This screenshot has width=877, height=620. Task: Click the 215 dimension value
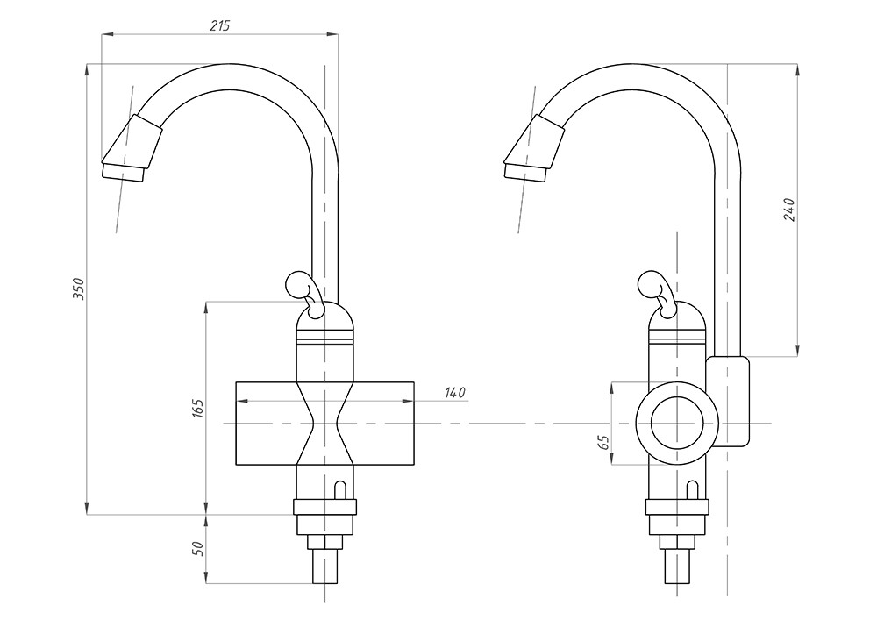pyautogui.click(x=220, y=25)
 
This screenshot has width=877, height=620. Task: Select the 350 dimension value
pyautogui.click(x=78, y=289)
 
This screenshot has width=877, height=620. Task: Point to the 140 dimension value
pyautogui.click(x=453, y=393)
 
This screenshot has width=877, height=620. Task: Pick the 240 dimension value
pyautogui.click(x=788, y=210)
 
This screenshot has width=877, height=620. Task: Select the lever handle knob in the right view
pyautogui.click(x=650, y=282)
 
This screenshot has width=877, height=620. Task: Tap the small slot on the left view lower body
pyautogui.click(x=340, y=489)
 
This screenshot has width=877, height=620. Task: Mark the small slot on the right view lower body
pyautogui.click(x=692, y=489)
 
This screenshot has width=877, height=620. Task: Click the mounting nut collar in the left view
pyautogui.click(x=324, y=507)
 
